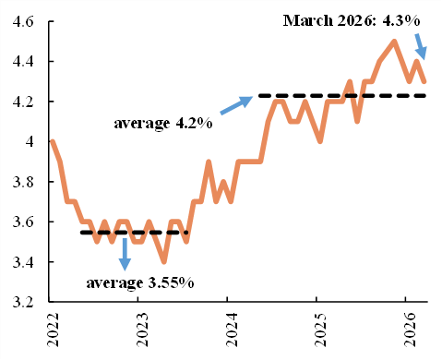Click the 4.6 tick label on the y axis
(x=22, y=21)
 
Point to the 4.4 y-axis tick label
(x=22, y=62)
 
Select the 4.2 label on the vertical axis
(x=22, y=102)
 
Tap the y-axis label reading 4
(x=30, y=141)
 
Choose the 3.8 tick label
(x=22, y=182)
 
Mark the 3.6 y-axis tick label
(x=22, y=222)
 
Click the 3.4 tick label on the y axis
(x=22, y=262)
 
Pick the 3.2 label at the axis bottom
(x=22, y=302)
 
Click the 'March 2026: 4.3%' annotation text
(x=352, y=20)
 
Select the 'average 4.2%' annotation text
(x=163, y=124)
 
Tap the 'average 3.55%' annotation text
(x=140, y=283)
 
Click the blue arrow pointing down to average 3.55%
(x=125, y=255)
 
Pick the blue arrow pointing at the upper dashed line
(x=236, y=105)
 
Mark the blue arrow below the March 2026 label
(x=421, y=47)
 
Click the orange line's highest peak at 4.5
(x=394, y=42)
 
